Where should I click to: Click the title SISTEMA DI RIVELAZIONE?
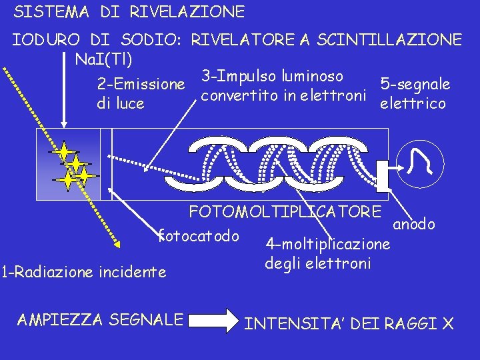pos(129,12)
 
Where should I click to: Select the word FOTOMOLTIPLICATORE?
pos(285,212)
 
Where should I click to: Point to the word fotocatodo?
pos(199,236)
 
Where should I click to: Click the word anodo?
pos(414,224)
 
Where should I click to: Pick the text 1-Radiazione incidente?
pos(83,271)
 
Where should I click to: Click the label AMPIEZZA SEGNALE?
pos(101,319)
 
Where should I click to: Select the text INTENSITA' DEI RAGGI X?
pos(349,324)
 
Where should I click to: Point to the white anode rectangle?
pos(383,174)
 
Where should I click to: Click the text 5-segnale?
pos(415,85)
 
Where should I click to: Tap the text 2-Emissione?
pos(140,85)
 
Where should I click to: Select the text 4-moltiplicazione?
pos(327,244)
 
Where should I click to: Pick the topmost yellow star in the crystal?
pos(64,153)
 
